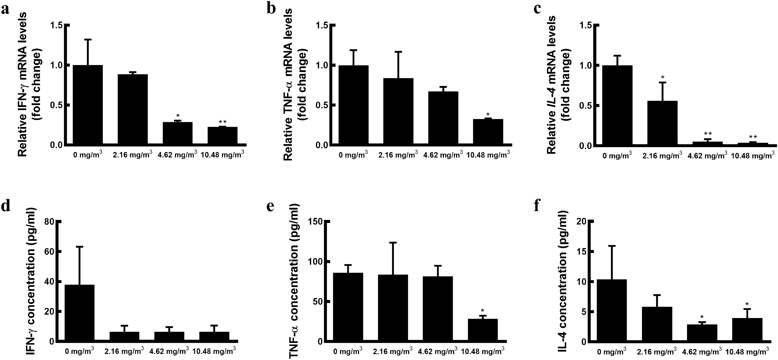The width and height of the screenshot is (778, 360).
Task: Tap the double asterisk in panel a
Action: [223, 122]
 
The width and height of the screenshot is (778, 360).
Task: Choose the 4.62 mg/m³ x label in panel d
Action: [169, 351]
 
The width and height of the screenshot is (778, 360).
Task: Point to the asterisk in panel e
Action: [482, 311]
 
